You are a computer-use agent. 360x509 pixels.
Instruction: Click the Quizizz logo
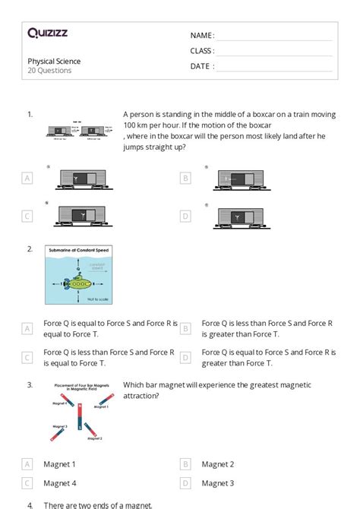(x=49, y=33)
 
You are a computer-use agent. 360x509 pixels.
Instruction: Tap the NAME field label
(x=202, y=36)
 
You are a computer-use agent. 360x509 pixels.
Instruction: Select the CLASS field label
(x=202, y=51)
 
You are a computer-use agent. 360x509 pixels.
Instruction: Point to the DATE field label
(x=202, y=66)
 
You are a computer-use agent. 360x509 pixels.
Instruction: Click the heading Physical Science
(x=54, y=62)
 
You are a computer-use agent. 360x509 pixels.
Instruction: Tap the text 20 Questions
(x=49, y=71)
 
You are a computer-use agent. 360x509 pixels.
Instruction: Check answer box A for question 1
(x=27, y=178)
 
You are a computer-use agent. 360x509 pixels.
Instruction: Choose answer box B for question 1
(x=185, y=178)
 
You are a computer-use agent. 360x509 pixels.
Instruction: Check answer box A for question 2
(x=27, y=328)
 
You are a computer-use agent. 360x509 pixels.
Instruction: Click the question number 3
(x=30, y=385)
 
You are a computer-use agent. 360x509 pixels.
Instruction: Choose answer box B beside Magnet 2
(x=185, y=463)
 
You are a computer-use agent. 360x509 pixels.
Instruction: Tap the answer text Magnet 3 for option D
(x=217, y=482)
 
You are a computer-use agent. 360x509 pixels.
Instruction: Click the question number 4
(x=30, y=504)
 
